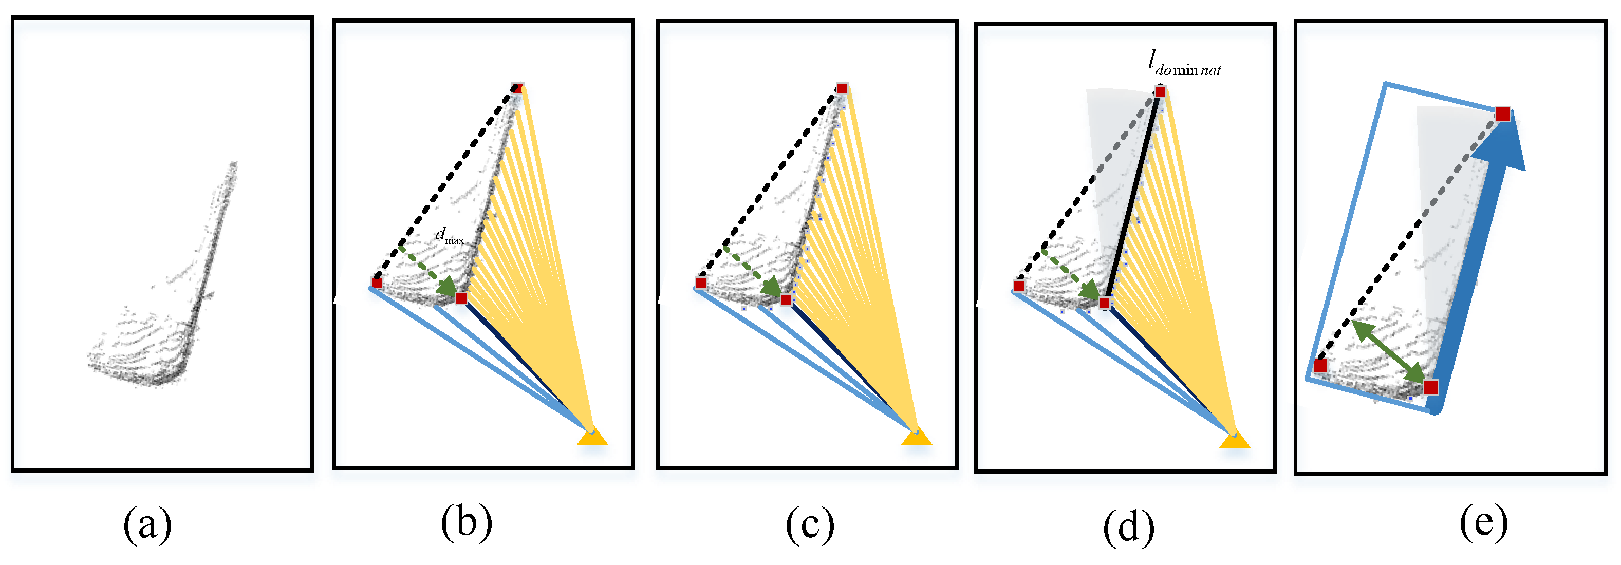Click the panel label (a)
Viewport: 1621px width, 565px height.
tap(147, 525)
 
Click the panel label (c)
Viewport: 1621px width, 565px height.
tap(810, 525)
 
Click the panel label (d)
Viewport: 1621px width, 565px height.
tap(1129, 528)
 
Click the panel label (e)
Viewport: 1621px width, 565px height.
tap(1484, 521)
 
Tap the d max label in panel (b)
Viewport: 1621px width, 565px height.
tap(449, 237)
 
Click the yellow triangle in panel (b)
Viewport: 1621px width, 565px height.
tap(592, 436)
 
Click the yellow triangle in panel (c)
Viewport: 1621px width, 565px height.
tap(916, 436)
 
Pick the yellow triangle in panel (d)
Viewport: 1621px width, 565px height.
tap(1235, 439)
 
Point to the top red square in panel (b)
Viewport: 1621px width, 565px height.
tap(517, 88)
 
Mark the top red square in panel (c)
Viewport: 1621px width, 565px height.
tap(842, 89)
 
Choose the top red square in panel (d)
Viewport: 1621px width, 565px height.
tap(1160, 92)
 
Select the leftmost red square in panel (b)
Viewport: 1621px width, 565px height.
tap(376, 282)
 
